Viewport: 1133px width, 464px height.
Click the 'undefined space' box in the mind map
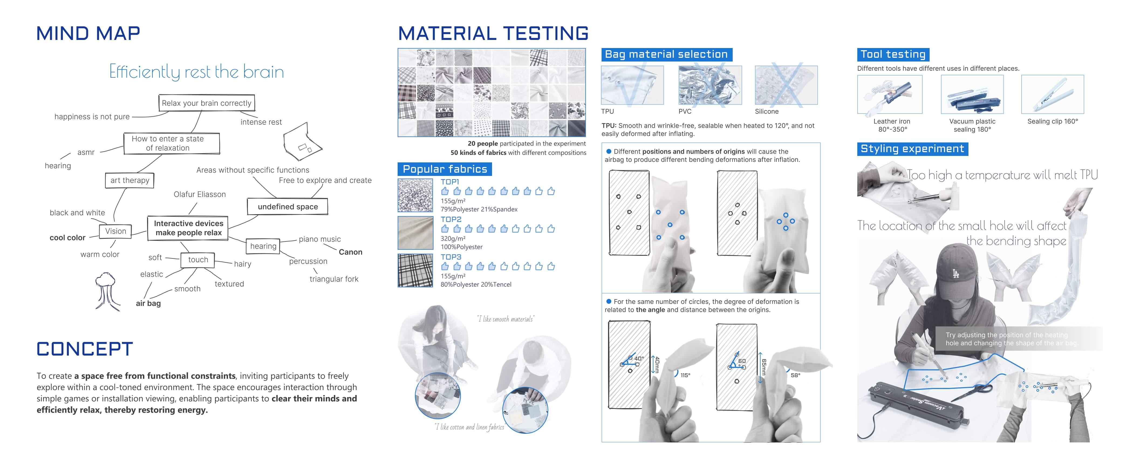pyautogui.click(x=288, y=206)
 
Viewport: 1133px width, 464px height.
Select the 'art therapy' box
pyautogui.click(x=130, y=180)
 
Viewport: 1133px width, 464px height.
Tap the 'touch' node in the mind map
pyautogui.click(x=198, y=260)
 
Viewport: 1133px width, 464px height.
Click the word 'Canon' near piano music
pyautogui.click(x=350, y=252)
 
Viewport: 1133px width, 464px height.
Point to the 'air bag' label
pyautogui.click(x=148, y=303)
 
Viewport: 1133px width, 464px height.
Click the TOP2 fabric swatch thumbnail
pyautogui.click(x=415, y=233)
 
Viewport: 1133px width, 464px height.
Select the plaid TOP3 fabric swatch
pyautogui.click(x=415, y=271)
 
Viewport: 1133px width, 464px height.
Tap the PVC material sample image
pyautogui.click(x=710, y=85)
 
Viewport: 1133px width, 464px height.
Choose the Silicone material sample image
pyautogui.click(x=786, y=85)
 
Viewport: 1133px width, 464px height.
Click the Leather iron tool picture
pyautogui.click(x=889, y=94)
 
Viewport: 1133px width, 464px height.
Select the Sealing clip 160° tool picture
pyautogui.click(x=1053, y=94)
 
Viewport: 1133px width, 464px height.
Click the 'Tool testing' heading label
pyautogui.click(x=893, y=54)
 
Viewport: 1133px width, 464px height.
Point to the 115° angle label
pyautogui.click(x=685, y=375)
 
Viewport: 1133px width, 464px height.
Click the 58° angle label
pyautogui.click(x=795, y=375)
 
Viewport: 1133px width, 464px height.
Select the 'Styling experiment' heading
pyautogui.click(x=912, y=149)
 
